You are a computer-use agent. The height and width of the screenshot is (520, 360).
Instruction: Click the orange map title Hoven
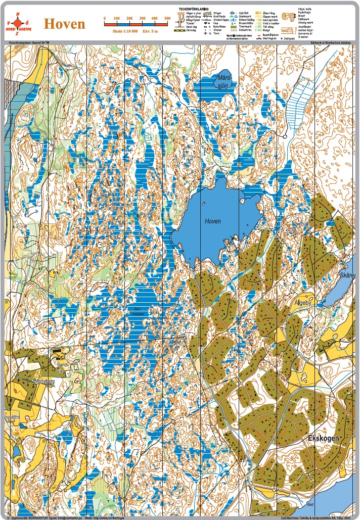click(65, 24)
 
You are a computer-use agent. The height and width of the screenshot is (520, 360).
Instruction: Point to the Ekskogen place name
click(323, 438)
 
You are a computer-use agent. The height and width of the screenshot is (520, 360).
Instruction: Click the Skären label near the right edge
click(348, 275)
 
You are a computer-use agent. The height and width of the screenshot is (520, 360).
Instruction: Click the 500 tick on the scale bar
click(167, 18)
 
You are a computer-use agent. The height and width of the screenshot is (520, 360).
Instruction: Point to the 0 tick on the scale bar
click(104, 18)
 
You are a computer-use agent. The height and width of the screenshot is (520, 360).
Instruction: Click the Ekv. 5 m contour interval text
click(155, 31)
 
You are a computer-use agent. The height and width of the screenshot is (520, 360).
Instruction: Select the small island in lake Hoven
click(203, 204)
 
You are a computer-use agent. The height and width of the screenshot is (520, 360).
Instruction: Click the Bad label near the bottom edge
click(310, 504)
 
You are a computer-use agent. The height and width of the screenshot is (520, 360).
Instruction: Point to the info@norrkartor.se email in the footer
click(68, 517)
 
